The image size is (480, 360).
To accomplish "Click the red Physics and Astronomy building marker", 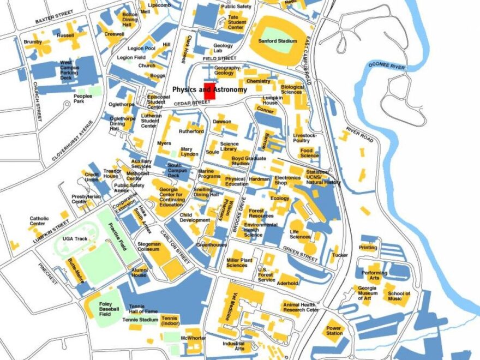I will pos(209,91).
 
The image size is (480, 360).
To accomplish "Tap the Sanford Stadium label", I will pos(278,41).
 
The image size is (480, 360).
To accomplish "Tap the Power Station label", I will pos(334,331).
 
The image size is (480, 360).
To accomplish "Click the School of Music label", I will pos(399,296).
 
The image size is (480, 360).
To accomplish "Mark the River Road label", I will pos(359,136).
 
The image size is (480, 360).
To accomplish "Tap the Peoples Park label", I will pos(83,99).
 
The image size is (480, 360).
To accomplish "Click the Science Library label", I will pos(229,147).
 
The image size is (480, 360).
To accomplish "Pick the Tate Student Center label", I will pos(236,22).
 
